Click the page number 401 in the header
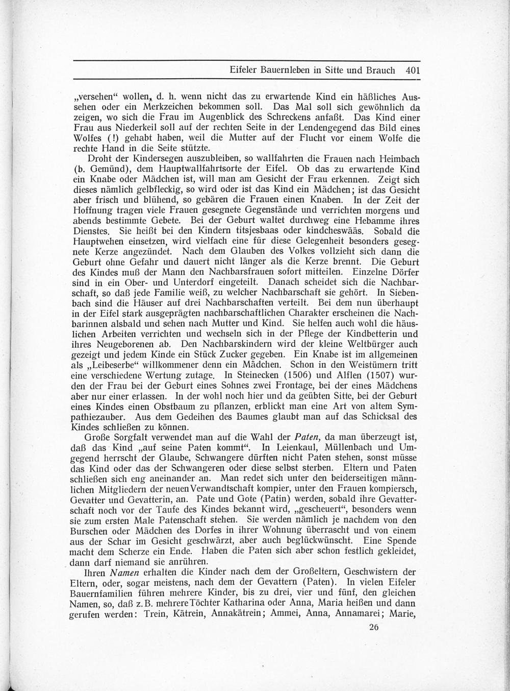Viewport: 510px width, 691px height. [x=410, y=71]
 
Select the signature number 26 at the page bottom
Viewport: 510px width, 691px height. [x=374, y=628]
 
